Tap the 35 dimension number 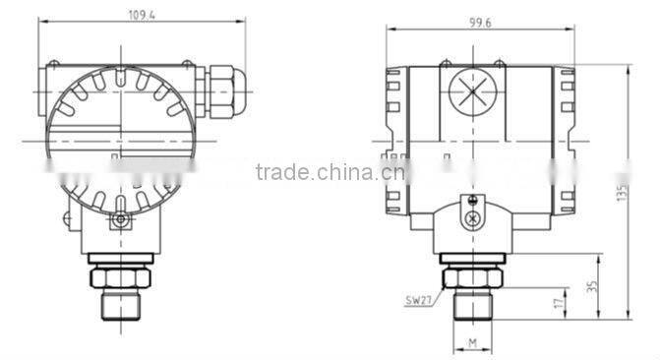tap(592, 285)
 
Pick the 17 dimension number tap(558, 303)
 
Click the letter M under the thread tap(472, 342)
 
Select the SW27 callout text tap(417, 300)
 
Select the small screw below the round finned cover tap(120, 220)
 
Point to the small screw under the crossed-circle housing tap(473, 218)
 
